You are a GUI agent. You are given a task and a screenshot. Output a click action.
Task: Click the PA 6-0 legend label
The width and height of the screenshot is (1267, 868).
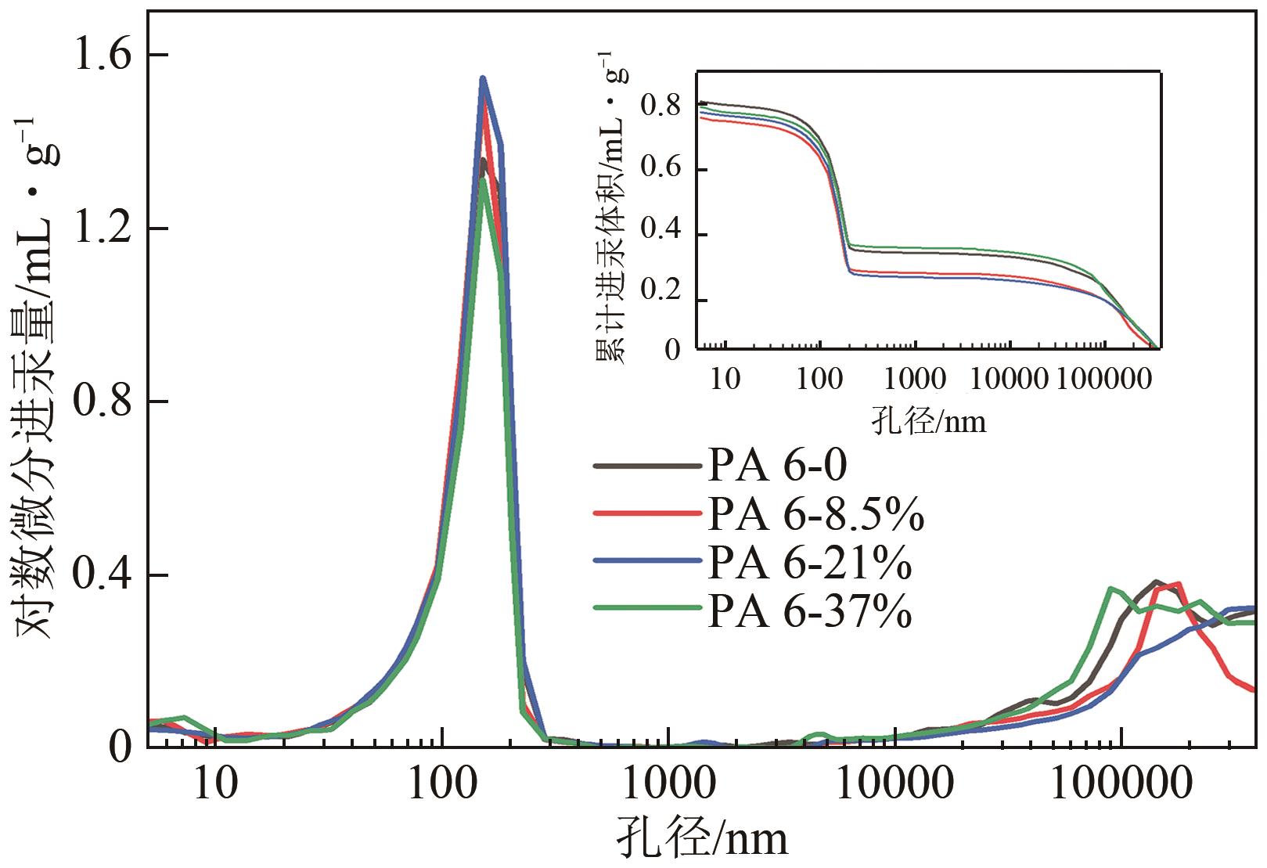click(x=777, y=467)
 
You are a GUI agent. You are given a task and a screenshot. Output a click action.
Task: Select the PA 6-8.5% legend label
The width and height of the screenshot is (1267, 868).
click(x=815, y=515)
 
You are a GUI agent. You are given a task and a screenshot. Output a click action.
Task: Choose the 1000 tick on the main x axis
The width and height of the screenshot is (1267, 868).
click(x=667, y=783)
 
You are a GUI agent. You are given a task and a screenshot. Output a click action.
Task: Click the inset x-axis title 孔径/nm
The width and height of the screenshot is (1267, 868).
click(x=928, y=422)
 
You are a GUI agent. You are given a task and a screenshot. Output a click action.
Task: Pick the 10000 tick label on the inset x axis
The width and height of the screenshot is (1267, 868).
click(x=1008, y=380)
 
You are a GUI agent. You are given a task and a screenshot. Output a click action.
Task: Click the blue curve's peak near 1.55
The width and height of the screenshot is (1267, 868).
click(x=483, y=78)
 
